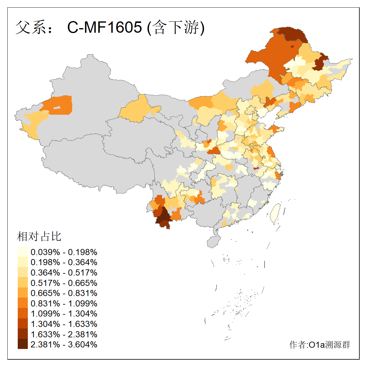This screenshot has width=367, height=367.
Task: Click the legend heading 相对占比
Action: tap(39, 236)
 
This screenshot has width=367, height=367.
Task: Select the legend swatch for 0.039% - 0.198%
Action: tap(23, 252)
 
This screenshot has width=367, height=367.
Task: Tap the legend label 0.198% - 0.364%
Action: tap(64, 262)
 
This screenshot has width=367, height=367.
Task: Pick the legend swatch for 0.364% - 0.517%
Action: tap(23, 272)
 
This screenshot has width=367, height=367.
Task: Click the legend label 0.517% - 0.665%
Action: tap(64, 283)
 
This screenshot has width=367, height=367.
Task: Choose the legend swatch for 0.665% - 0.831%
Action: tap(23, 293)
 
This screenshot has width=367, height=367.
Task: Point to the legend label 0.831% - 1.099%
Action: tap(64, 303)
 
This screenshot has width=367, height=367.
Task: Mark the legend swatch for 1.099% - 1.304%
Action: tap(23, 313)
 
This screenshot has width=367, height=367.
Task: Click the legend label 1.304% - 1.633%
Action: tap(64, 324)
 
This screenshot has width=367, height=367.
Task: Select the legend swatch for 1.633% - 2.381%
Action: tap(23, 334)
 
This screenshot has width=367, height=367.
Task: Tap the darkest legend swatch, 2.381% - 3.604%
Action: tap(23, 344)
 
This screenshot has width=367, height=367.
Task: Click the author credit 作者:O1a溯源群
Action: tap(320, 345)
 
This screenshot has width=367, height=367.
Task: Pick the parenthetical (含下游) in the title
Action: tap(176, 27)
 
